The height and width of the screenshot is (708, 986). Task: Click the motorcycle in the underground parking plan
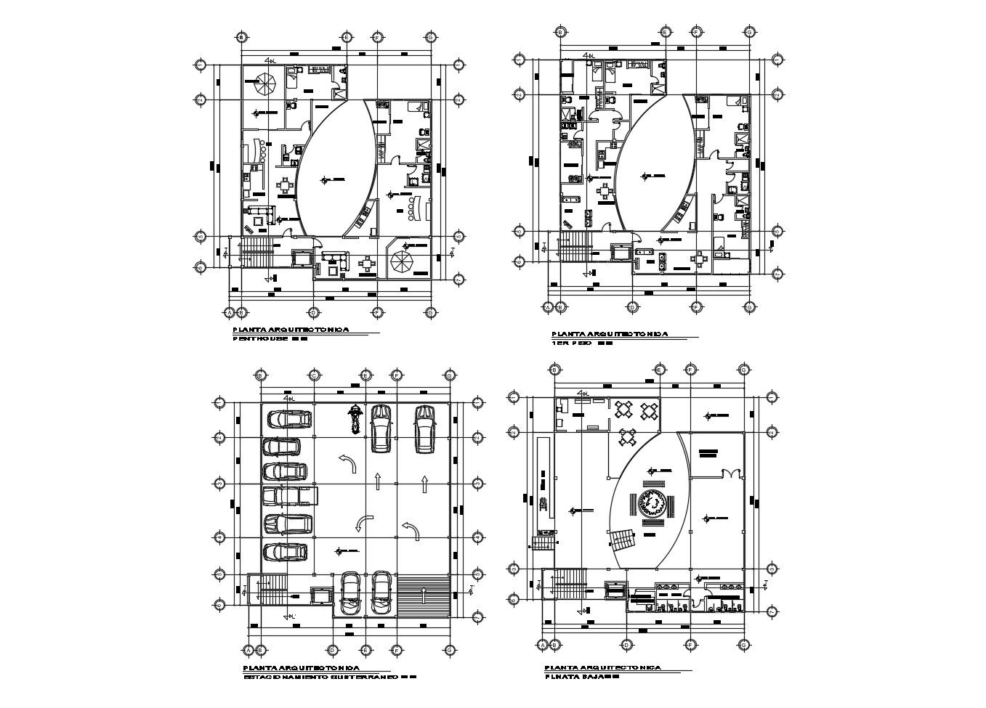pyautogui.click(x=355, y=419)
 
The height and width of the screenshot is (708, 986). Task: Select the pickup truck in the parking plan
pyautogui.click(x=289, y=496)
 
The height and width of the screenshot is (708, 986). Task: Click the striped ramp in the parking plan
pyautogui.click(x=423, y=595)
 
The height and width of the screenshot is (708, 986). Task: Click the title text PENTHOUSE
pyautogui.click(x=261, y=338)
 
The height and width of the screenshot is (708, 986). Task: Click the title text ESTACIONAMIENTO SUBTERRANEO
pyautogui.click(x=320, y=676)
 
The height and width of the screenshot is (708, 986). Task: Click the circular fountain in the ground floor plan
pyautogui.click(x=652, y=502)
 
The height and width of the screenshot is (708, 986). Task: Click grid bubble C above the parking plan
pyautogui.click(x=314, y=375)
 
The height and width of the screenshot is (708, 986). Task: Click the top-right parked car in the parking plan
pyautogui.click(x=424, y=428)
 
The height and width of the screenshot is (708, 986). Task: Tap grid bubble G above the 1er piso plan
pyautogui.click(x=749, y=32)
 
